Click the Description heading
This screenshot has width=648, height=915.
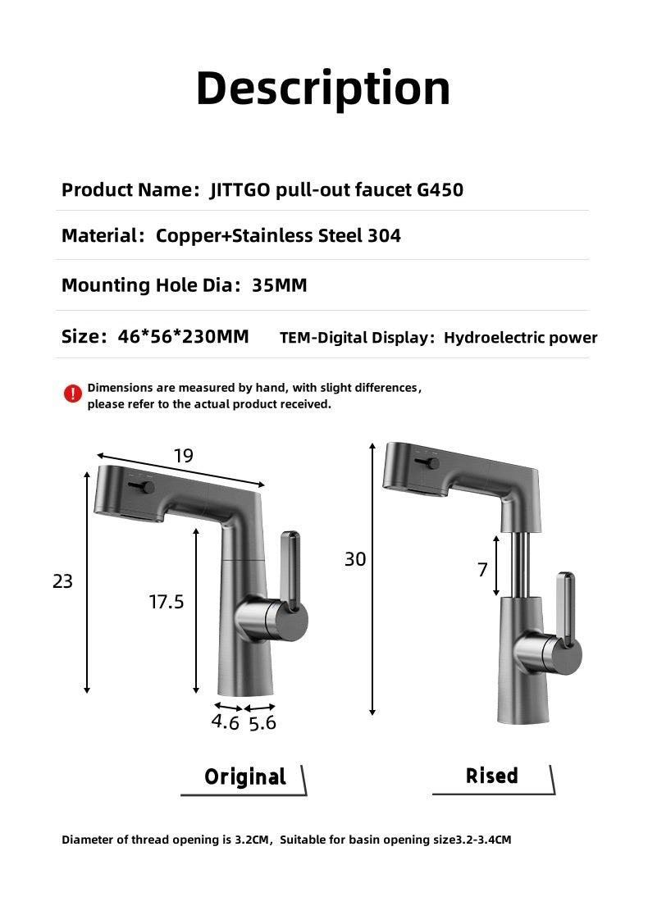click(x=323, y=89)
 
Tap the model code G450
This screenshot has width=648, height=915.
click(x=440, y=190)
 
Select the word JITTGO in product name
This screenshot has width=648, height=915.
click(x=241, y=190)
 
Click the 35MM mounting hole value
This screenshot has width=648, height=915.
click(x=280, y=285)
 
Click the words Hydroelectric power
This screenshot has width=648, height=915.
click(x=520, y=338)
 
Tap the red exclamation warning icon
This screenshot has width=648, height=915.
click(x=73, y=394)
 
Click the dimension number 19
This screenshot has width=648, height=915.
click(x=183, y=456)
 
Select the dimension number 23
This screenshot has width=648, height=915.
click(x=62, y=581)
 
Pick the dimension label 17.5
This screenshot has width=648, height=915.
click(x=167, y=602)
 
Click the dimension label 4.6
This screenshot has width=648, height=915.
click(x=225, y=722)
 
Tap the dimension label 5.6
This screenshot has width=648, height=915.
click(x=262, y=723)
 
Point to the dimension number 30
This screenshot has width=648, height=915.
click(x=355, y=559)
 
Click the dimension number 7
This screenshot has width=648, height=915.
click(x=482, y=570)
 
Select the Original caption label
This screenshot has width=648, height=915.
click(x=244, y=776)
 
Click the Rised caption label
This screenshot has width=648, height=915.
click(x=492, y=776)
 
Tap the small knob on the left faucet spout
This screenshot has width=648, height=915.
click(x=148, y=488)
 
